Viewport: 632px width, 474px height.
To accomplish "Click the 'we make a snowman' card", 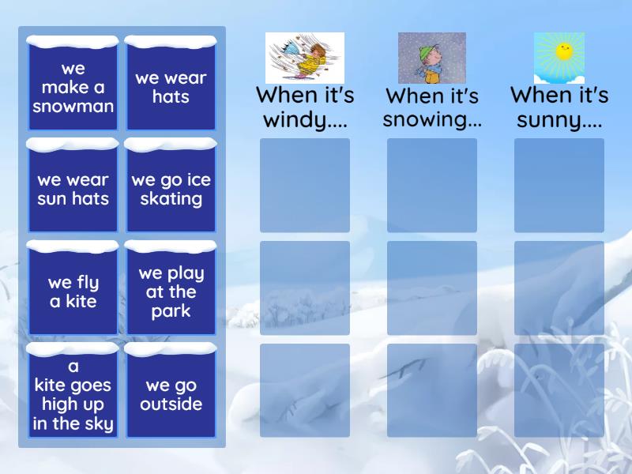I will point(73,86).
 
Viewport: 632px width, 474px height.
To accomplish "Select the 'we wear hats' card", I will point(171,86).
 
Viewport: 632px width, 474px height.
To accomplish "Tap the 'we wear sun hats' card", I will point(73,189).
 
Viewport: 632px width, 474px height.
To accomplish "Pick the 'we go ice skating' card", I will point(171,189).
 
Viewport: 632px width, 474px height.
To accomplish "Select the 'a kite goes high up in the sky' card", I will point(73,393).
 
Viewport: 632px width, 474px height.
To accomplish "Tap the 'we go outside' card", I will point(171,393).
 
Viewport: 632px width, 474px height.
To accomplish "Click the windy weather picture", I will point(305,58).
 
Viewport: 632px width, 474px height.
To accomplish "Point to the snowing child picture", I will point(432,58).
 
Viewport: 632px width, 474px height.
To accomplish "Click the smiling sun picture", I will point(559,58).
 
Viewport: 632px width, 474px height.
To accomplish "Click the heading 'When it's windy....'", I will point(305,107).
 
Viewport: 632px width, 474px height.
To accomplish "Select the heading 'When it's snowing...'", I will point(432,107).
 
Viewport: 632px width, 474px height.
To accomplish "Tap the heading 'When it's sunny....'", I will point(559,107).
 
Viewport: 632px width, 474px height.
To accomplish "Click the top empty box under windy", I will point(305,186).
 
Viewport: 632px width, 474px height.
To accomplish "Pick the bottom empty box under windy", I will point(305,390).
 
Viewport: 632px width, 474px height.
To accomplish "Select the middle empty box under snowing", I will point(432,288).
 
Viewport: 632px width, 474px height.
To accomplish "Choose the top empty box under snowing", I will point(432,186).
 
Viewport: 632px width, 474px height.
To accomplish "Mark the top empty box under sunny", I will point(559,186).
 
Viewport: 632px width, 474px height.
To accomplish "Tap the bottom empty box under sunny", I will point(559,390).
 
